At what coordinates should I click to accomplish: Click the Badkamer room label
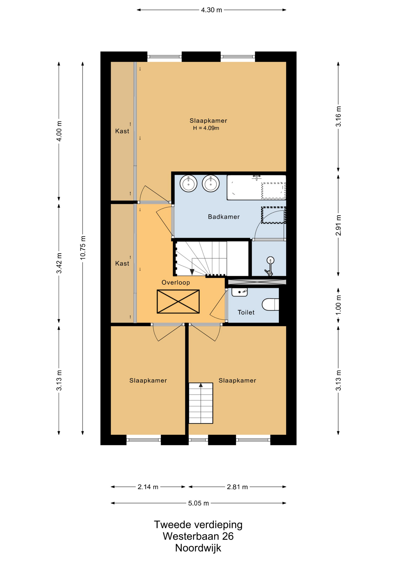pos(224,217)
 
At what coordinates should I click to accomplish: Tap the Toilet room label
pos(246,312)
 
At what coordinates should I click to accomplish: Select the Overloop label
pos(176,283)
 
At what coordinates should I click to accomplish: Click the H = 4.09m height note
pos(206,128)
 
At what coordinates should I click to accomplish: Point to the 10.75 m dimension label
pos(83,247)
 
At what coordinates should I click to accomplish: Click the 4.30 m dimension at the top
pos(211,10)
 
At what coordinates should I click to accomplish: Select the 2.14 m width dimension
pos(148,487)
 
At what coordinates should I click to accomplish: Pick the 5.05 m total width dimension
pos(198,503)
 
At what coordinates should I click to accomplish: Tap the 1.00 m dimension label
pos(338,305)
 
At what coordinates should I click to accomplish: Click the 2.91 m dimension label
pos(338,225)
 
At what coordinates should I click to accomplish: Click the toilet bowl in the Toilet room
pos(270,304)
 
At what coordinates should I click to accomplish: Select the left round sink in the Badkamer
pos(189,183)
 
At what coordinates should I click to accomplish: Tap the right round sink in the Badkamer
pos(210,183)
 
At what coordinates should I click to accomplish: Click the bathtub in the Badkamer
pos(256,188)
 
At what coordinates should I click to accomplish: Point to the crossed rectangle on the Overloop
pos(178,302)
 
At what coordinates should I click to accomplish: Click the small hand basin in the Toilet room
pos(239,292)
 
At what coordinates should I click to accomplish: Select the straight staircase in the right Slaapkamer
pos(201,403)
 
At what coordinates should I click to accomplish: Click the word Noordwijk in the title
pos(198,548)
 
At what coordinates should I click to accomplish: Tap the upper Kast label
pos(122,131)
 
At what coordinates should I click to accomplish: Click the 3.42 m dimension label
pos(59,263)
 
